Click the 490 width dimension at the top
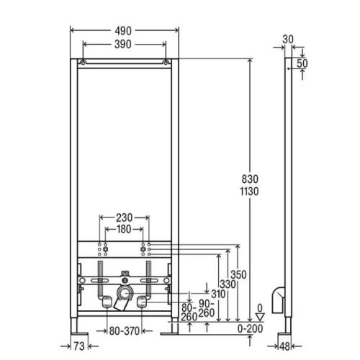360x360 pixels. pos(123,31)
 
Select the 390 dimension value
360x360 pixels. pos(123,45)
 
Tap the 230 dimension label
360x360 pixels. pos(124,218)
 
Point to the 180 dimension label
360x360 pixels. pos(124,229)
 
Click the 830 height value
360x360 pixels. pos(250,179)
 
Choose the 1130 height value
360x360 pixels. pos(250,192)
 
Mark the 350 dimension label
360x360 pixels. pos(238,275)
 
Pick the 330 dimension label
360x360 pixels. pos(228,284)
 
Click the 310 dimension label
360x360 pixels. pos(218,294)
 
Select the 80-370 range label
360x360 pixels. pos(125,331)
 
